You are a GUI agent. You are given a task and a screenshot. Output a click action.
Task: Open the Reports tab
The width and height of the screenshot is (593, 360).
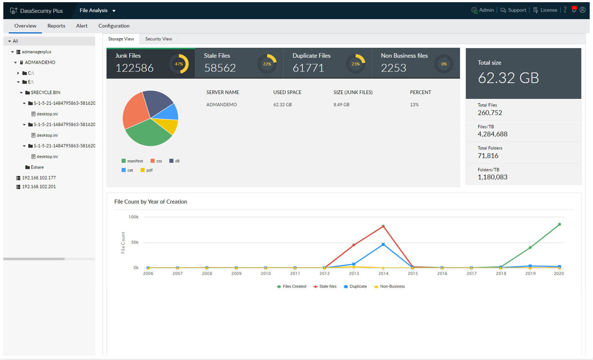(x=56, y=26)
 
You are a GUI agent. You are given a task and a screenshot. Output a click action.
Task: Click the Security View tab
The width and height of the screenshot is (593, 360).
(x=158, y=39)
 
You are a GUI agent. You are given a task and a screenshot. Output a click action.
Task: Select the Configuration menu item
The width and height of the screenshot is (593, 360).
(x=114, y=26)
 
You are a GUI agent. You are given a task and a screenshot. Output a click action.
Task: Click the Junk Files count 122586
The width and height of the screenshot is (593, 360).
(x=134, y=68)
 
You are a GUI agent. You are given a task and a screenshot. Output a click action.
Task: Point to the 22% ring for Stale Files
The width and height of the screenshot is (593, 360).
(x=267, y=64)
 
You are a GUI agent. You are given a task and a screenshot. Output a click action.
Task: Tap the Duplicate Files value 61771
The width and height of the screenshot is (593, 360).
(x=308, y=68)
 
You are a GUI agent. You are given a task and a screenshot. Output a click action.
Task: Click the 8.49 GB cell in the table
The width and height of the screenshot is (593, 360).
(x=341, y=104)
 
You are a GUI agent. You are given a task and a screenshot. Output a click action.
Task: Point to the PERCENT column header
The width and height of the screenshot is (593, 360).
(x=420, y=92)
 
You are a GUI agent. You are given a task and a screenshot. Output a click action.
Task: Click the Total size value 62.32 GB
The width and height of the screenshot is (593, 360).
(x=508, y=78)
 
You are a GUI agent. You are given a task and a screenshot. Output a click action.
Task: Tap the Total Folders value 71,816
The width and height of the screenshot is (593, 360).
(x=488, y=156)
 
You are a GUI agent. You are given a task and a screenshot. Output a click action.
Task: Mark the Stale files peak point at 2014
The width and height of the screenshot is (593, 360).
(x=383, y=226)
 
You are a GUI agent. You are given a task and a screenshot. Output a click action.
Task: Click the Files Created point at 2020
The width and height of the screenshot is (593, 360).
(x=559, y=224)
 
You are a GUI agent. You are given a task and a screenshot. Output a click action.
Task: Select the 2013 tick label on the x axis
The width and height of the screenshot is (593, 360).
(x=354, y=273)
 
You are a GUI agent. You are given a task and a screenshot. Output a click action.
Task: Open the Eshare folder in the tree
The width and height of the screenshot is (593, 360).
(x=37, y=167)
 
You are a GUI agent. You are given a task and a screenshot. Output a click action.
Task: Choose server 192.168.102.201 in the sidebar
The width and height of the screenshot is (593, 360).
(x=39, y=187)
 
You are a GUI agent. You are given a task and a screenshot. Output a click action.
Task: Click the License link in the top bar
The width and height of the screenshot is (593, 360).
(x=548, y=10)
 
